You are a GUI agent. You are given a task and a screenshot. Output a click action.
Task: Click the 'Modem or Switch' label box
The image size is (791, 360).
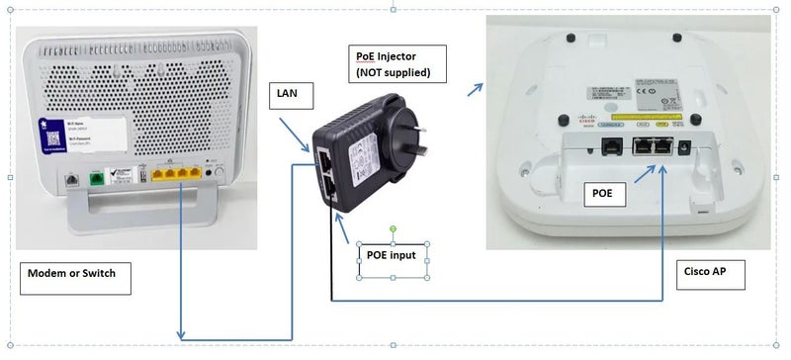click(x=75, y=279)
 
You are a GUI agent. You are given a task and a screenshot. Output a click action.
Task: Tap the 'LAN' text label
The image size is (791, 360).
click(x=293, y=97)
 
